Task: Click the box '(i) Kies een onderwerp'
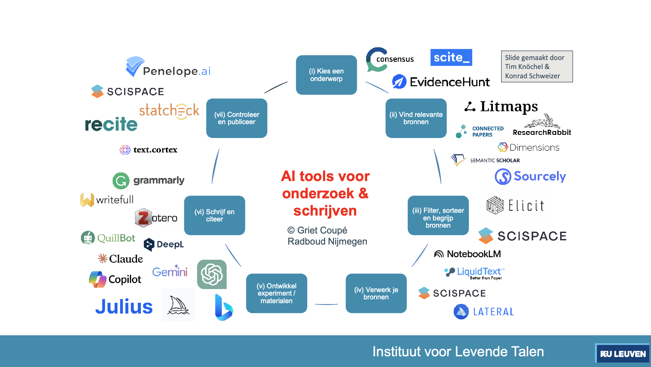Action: click(326, 75)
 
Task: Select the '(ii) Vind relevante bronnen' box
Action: click(416, 118)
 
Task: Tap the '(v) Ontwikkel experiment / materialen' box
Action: click(276, 293)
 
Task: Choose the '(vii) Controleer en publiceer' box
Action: click(237, 118)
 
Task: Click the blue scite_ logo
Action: click(451, 57)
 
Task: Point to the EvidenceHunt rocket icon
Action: click(399, 82)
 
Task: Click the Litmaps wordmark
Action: click(509, 107)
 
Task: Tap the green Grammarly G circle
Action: click(121, 181)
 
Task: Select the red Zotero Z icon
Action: click(143, 218)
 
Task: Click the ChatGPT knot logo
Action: click(211, 274)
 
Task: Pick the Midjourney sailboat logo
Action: click(178, 305)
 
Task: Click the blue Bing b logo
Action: click(223, 307)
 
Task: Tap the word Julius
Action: click(124, 307)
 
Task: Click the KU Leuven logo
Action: click(622, 354)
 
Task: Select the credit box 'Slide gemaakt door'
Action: click(537, 67)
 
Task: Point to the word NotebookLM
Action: click(474, 254)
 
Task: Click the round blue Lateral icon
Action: click(461, 312)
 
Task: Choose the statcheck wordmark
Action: click(169, 111)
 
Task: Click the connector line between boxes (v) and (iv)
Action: click(326, 304)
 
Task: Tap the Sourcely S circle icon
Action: click(503, 177)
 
